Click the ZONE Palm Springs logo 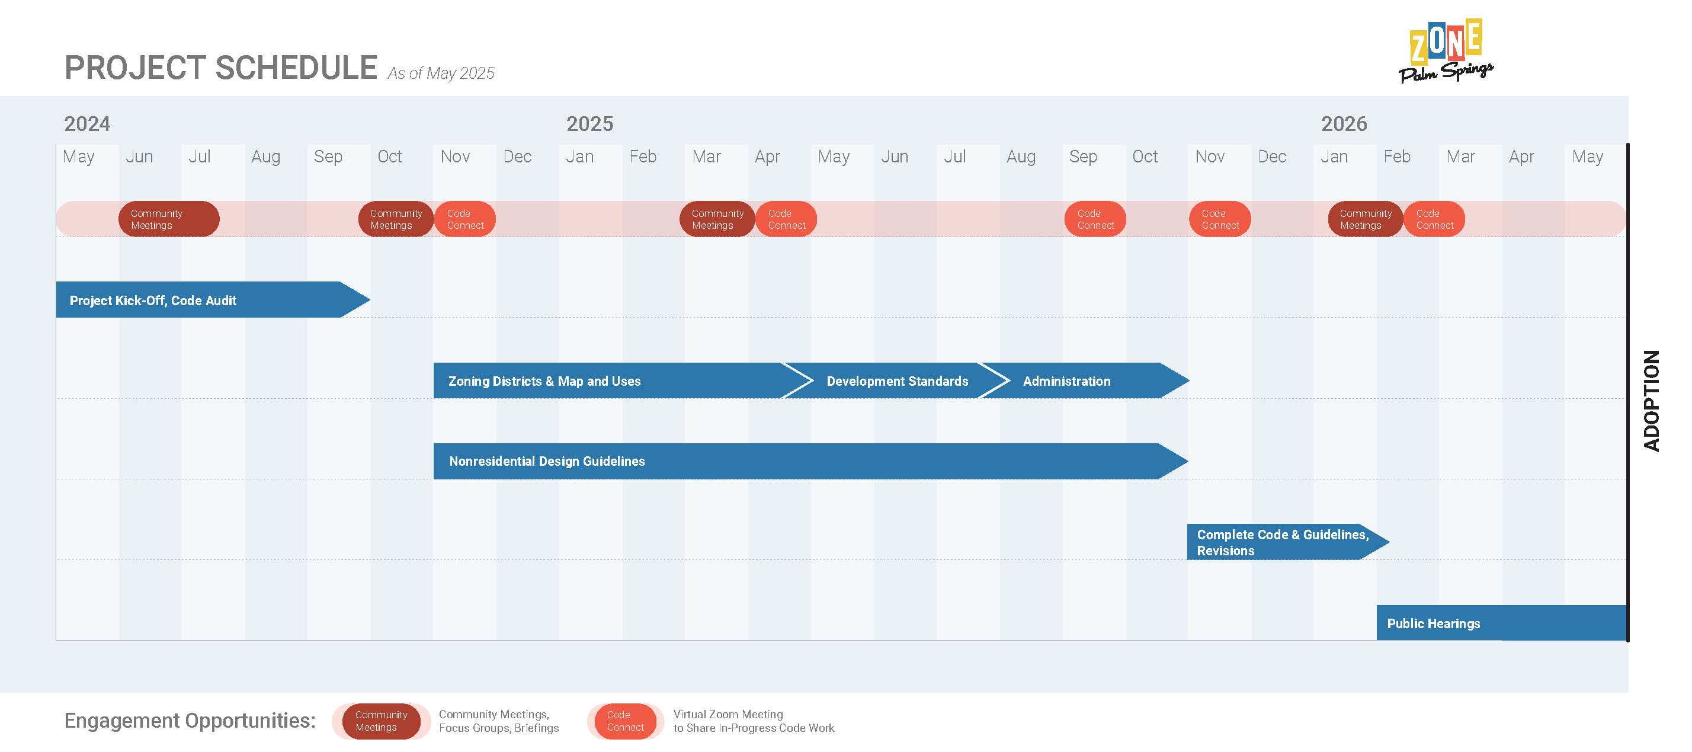(1446, 50)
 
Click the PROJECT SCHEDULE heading (221, 68)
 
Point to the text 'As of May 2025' (441, 73)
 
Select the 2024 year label (86, 123)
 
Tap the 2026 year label (1344, 123)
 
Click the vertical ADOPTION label (1651, 400)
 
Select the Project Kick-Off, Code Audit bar (213, 299)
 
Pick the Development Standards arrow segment (896, 380)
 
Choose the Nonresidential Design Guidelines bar (810, 461)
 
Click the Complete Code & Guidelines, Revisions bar (1288, 542)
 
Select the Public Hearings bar (1501, 623)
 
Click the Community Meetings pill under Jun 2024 (169, 219)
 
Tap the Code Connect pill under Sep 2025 (1095, 219)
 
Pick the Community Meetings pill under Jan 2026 (1366, 219)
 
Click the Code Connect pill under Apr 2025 (786, 219)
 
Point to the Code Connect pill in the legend (625, 721)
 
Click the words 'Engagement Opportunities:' (190, 721)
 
